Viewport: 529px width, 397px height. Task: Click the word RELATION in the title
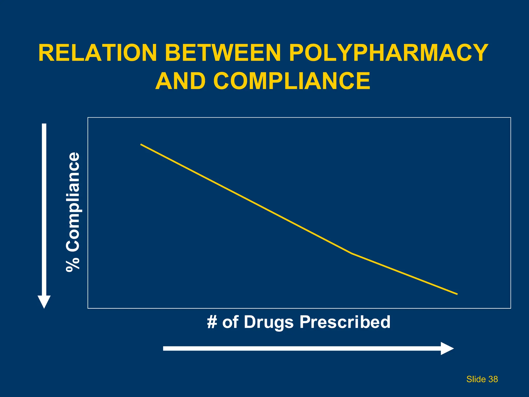98,53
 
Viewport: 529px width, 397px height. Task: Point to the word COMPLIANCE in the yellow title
292,81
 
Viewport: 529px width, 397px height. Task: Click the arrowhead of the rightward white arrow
447,348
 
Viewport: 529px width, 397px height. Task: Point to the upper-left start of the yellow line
141,144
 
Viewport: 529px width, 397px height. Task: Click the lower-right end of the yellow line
457,294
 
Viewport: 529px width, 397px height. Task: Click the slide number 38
493,379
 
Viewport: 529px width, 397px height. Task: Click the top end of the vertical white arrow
44,125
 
